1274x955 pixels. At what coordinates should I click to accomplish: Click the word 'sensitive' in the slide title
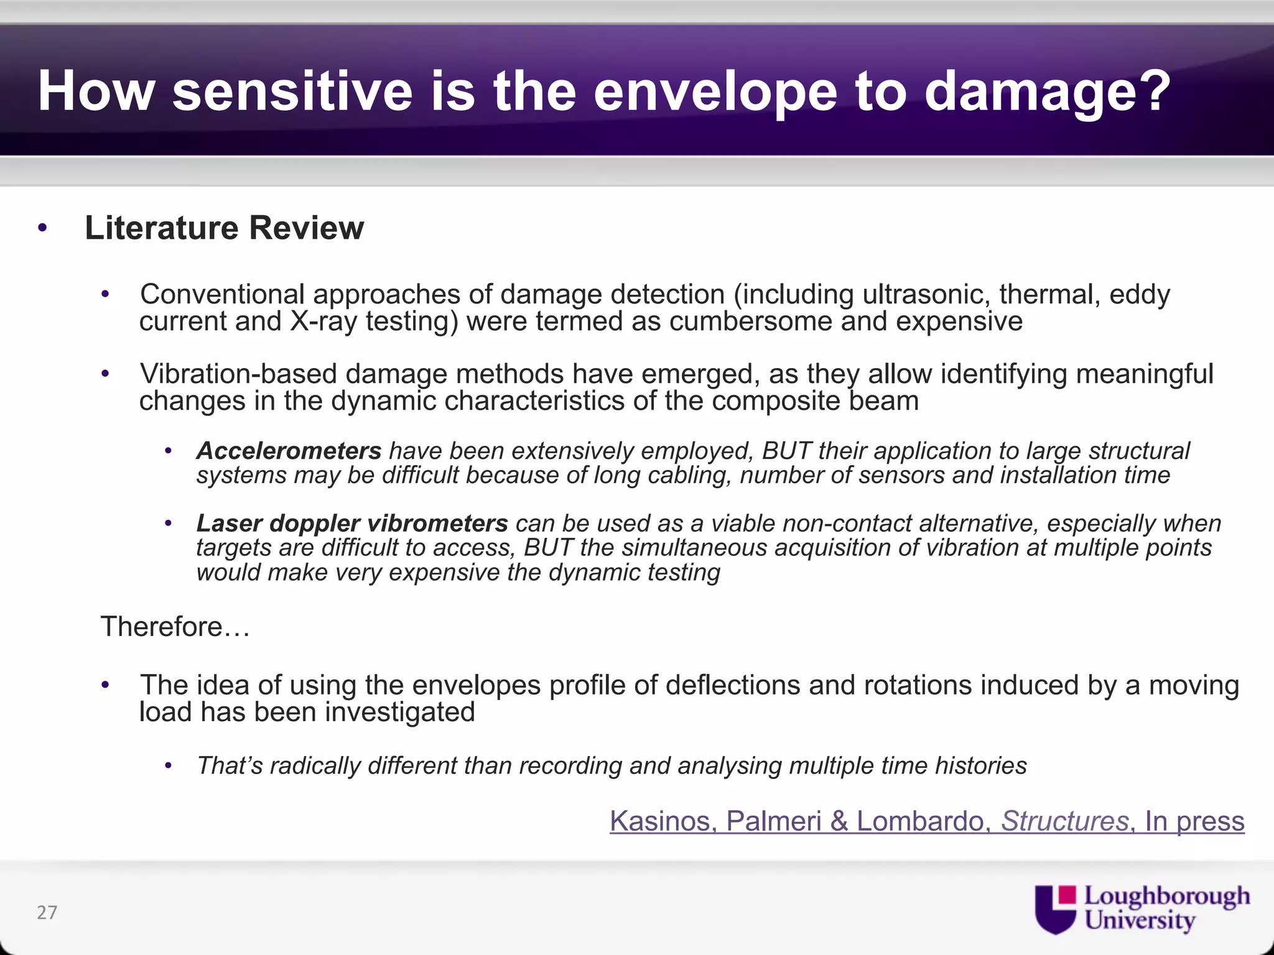[292, 91]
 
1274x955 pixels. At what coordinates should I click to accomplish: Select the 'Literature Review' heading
[224, 228]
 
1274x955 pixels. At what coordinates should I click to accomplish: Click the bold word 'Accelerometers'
[289, 451]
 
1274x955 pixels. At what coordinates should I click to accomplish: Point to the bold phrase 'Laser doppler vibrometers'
[352, 524]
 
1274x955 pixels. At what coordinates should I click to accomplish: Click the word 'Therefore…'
[175, 627]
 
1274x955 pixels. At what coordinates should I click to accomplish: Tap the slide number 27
[47, 912]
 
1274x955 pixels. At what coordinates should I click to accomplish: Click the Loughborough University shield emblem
[1056, 909]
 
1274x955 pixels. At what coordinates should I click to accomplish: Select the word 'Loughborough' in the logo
[1167, 897]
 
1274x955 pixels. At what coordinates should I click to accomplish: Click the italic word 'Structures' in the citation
[1064, 821]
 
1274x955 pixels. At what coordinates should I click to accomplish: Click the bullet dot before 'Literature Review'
[42, 228]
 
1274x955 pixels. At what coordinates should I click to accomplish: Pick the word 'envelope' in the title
[715, 91]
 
